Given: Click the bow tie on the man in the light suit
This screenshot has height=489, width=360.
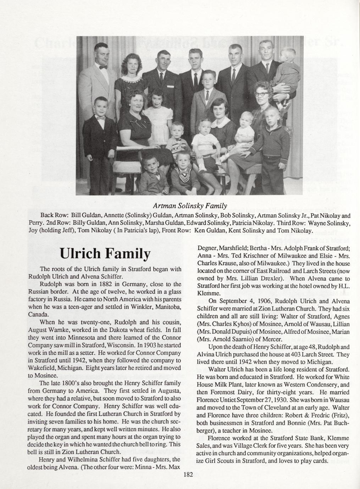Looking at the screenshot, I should coord(103,67).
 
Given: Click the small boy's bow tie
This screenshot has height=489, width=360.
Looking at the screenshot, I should coord(101,119).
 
